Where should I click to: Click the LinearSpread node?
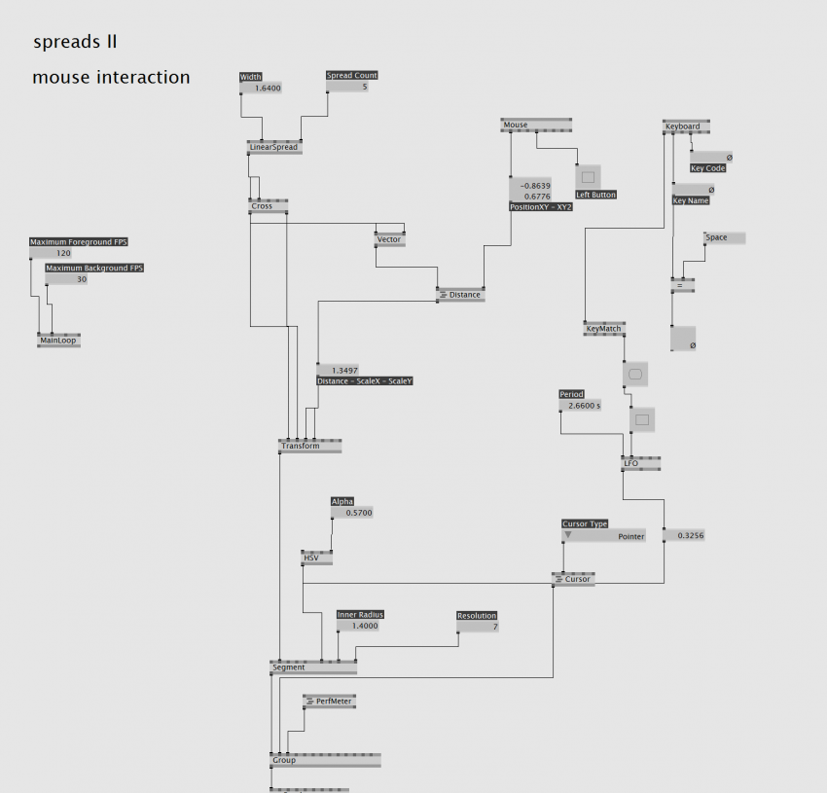[274, 148]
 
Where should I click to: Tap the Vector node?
[389, 239]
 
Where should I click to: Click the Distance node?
[460, 295]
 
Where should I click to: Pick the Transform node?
[309, 446]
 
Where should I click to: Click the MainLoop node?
[58, 341]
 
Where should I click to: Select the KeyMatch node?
[603, 329]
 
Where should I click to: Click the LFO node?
[642, 464]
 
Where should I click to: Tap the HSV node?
[317, 558]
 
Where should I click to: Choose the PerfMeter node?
[329, 701]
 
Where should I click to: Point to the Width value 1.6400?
[263, 88]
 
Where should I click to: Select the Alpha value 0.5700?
[352, 512]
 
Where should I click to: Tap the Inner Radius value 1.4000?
[360, 626]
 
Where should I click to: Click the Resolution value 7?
[478, 627]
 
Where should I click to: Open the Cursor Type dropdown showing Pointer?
[603, 536]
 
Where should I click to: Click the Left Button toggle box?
[588, 177]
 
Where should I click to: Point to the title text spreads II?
[76, 42]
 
